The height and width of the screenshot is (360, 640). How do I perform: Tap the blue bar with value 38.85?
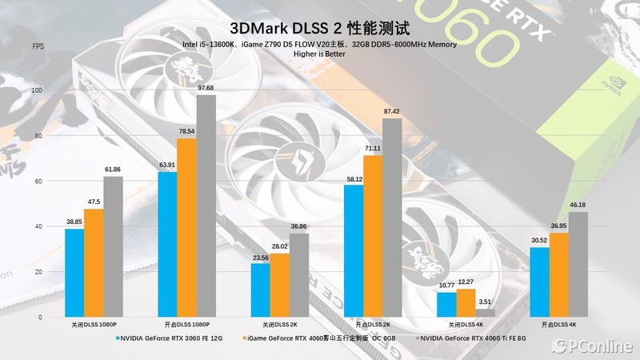[74, 273]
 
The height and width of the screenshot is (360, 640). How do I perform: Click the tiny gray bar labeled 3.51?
[486, 313]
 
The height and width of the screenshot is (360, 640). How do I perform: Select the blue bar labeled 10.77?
[447, 305]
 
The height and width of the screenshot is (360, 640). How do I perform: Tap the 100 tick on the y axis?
[36, 91]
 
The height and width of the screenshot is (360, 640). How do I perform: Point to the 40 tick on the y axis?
[36, 227]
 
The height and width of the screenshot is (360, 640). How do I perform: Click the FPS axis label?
[38, 47]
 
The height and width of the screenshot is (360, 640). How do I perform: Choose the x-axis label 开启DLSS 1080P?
[186, 326]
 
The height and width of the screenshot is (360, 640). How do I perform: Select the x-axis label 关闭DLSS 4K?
[466, 326]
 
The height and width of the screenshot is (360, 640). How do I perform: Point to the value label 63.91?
[167, 165]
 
